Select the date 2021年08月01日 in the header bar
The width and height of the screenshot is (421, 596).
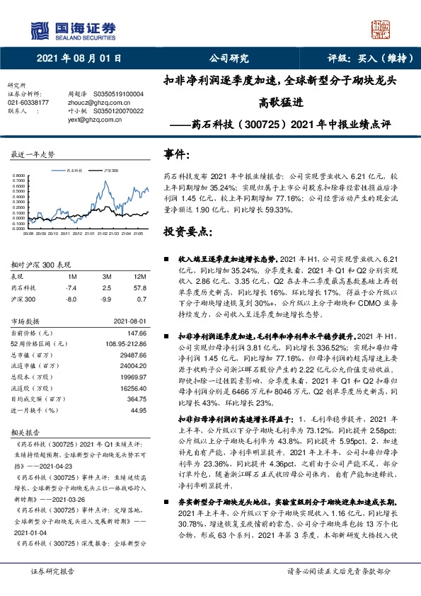[x=79, y=59]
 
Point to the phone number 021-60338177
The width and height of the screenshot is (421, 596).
[x=28, y=102]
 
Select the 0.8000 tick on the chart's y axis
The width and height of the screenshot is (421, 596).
[x=22, y=176]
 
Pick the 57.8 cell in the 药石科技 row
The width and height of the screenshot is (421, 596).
[x=139, y=288]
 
